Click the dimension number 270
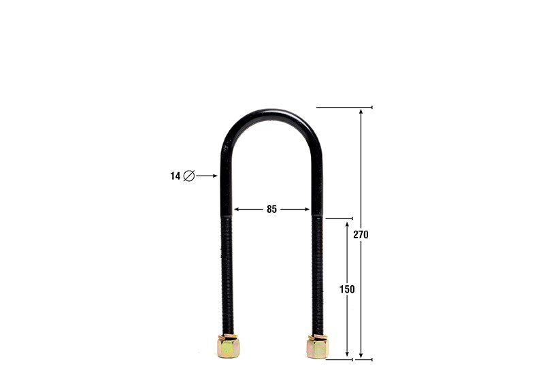361,235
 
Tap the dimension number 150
347,289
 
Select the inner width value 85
271,210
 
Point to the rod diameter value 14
176,176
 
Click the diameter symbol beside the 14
189,176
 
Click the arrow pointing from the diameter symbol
207,176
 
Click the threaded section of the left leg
227,272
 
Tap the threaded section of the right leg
317,272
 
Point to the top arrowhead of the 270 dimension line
361,112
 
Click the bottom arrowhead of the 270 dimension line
361,355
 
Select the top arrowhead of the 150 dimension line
347,223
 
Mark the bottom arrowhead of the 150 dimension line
347,355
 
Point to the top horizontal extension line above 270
344,108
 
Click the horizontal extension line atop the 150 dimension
338,219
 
